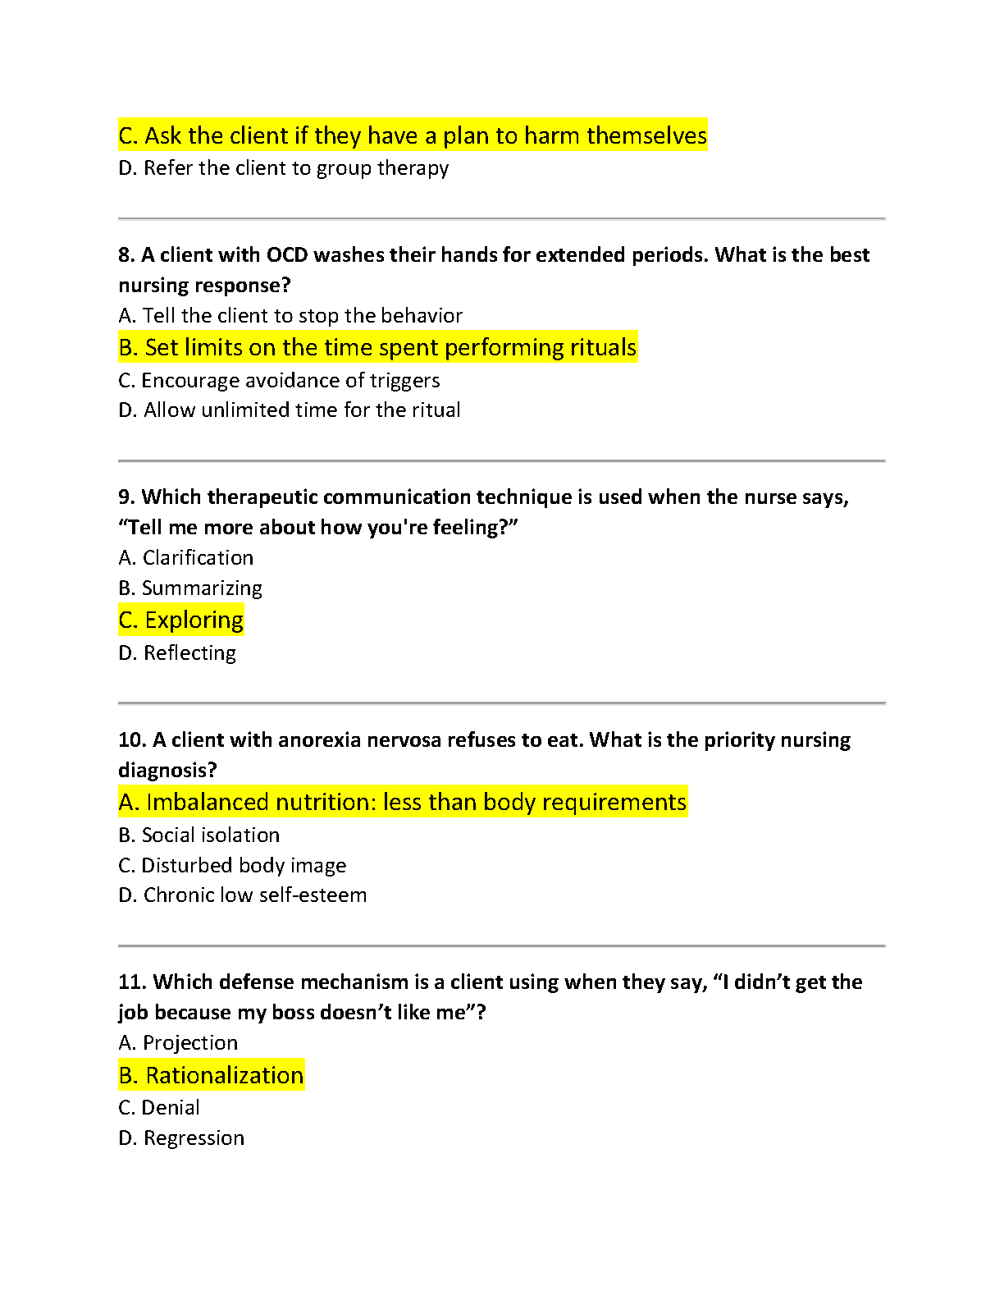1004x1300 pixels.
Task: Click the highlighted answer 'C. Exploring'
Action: (180, 620)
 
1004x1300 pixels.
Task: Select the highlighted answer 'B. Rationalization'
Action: (211, 1075)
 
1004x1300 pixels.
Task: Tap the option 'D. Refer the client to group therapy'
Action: (283, 168)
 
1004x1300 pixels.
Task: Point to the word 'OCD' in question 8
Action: (287, 255)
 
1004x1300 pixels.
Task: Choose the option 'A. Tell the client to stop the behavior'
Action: (290, 316)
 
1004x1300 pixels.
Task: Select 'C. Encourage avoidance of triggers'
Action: (279, 381)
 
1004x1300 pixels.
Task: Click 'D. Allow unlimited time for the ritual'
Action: (289, 410)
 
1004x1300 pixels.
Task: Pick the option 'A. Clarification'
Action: (185, 558)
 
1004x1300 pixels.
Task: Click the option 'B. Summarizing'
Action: (189, 588)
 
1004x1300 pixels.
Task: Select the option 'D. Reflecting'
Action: (177, 653)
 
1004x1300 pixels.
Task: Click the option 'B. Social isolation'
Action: (199, 835)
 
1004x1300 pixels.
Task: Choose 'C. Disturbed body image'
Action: (232, 866)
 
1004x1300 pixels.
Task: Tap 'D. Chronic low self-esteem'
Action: (242, 895)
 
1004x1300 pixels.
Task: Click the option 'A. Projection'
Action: (178, 1043)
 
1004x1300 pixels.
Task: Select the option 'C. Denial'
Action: (159, 1108)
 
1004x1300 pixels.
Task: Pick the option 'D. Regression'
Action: (181, 1138)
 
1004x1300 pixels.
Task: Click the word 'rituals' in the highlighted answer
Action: (603, 348)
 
